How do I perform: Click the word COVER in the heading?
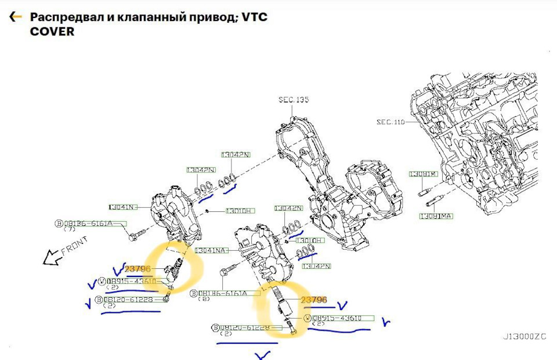pos(52,31)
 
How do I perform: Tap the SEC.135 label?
pos(294,100)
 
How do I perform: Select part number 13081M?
pos(423,174)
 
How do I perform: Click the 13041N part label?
pos(122,207)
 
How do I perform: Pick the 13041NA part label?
pos(212,250)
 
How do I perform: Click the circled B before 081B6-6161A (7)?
pos(59,224)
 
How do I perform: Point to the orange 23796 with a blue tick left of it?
pos(138,269)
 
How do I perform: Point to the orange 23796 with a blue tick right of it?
pos(314,300)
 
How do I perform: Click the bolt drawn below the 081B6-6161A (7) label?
pos(133,237)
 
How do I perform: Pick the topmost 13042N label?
pos(235,155)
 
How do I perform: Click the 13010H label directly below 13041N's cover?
pos(240,210)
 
